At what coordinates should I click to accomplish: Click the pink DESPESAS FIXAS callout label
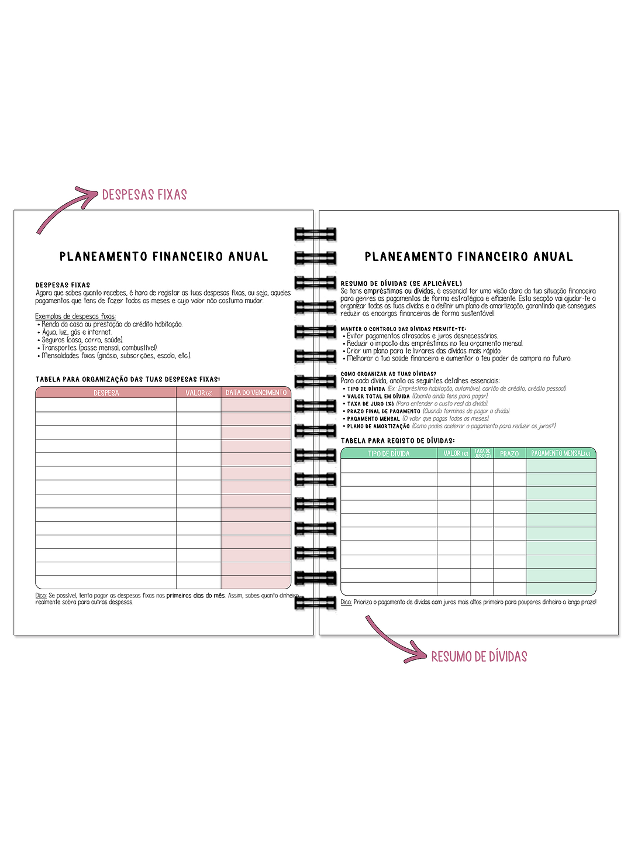click(x=144, y=195)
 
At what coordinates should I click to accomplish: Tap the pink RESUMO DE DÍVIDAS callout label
click(x=479, y=657)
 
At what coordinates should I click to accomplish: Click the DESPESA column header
click(x=106, y=393)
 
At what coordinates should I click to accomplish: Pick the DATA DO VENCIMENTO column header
click(x=256, y=393)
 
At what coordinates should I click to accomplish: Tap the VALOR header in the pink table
click(x=199, y=393)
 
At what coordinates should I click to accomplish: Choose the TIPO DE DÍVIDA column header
click(x=389, y=453)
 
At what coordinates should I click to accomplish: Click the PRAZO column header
click(x=509, y=453)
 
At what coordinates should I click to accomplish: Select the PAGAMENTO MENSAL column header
click(x=561, y=453)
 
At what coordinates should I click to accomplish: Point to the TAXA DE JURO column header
click(x=482, y=453)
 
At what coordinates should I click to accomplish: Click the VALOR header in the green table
click(x=456, y=453)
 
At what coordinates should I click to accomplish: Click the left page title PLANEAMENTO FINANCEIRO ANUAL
click(x=164, y=256)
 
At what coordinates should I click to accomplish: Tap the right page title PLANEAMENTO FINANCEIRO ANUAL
click(x=469, y=256)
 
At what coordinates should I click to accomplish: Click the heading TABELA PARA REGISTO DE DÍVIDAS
click(x=398, y=441)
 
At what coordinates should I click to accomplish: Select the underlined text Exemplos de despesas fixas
click(x=75, y=317)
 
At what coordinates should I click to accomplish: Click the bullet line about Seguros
click(x=82, y=340)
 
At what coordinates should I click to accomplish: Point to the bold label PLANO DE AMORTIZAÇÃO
click(x=378, y=427)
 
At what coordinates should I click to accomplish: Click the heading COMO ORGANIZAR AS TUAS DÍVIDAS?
click(x=388, y=374)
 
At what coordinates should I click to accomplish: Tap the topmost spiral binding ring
click(x=315, y=234)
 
